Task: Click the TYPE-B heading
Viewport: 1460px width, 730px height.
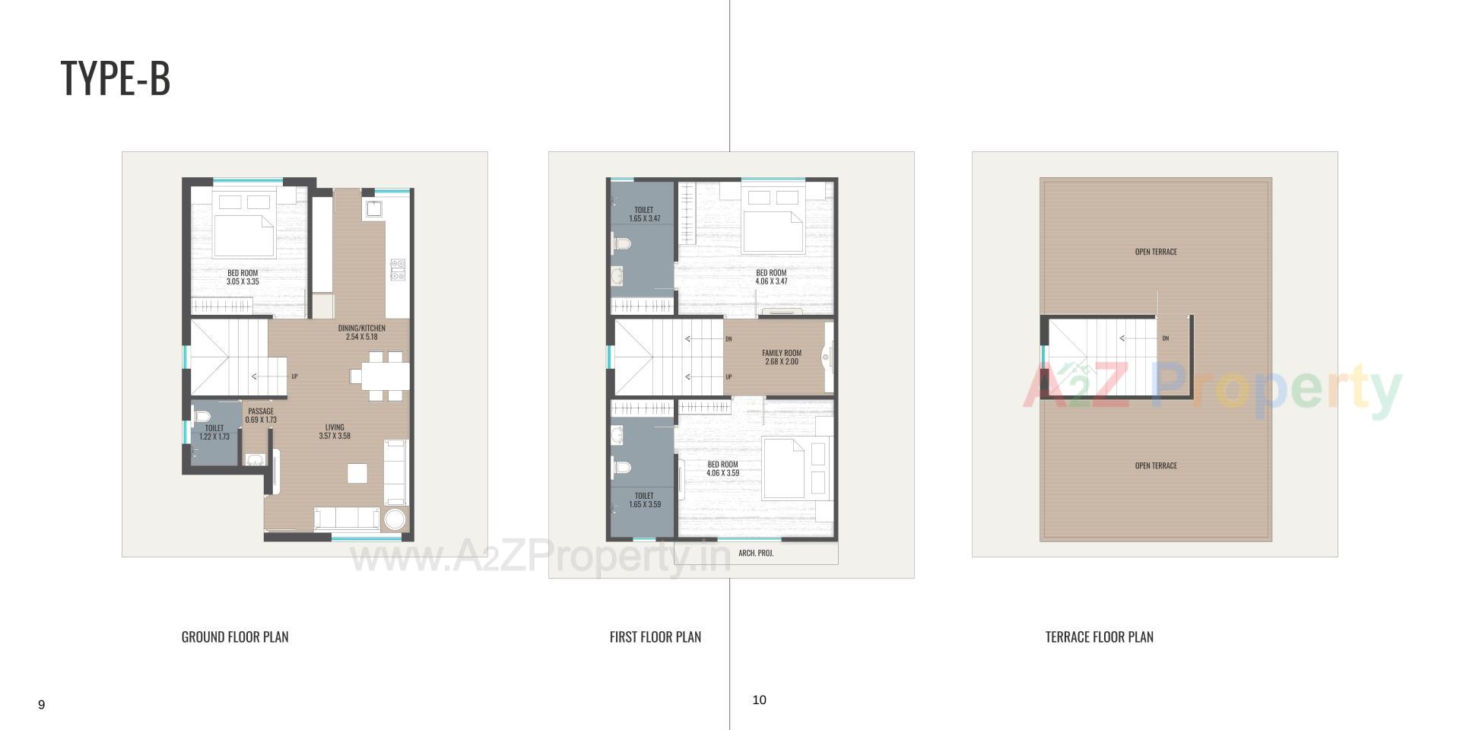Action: pyautogui.click(x=116, y=78)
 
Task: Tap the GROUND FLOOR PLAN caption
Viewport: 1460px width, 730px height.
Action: pyautogui.click(x=235, y=637)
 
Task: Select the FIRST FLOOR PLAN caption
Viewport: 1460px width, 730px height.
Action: pyautogui.click(x=655, y=637)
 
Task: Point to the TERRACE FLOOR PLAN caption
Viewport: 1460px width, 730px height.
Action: pyautogui.click(x=1099, y=637)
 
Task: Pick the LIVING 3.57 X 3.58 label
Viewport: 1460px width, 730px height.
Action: pyautogui.click(x=335, y=432)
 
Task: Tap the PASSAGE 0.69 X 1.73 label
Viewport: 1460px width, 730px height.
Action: pyautogui.click(x=261, y=415)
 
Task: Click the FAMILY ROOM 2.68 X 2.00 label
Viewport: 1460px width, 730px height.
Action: pyautogui.click(x=782, y=357)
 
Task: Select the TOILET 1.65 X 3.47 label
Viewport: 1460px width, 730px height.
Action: pyautogui.click(x=644, y=214)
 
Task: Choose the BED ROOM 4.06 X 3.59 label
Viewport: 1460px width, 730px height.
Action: pyautogui.click(x=722, y=468)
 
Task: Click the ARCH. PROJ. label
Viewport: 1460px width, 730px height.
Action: pyautogui.click(x=756, y=553)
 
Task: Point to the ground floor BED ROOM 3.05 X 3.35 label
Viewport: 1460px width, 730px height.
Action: pyautogui.click(x=243, y=277)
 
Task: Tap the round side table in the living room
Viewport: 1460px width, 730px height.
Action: pyautogui.click(x=395, y=520)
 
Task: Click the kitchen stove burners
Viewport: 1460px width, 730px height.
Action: pyautogui.click(x=398, y=270)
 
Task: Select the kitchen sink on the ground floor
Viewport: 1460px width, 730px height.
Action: pyautogui.click(x=374, y=208)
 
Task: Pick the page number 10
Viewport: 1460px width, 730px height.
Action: pyautogui.click(x=759, y=700)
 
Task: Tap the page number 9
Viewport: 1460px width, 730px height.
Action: pyautogui.click(x=42, y=705)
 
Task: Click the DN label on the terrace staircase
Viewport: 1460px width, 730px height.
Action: pyautogui.click(x=1165, y=338)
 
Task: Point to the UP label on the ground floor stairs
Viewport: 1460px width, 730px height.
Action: pyautogui.click(x=294, y=376)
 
